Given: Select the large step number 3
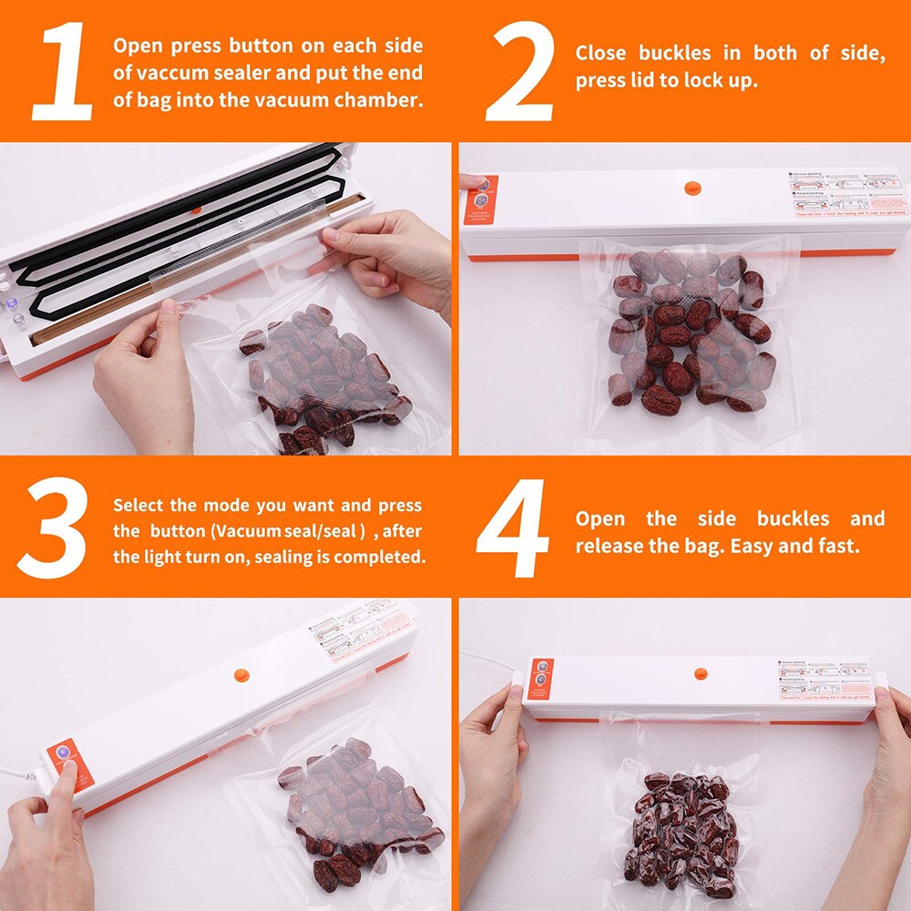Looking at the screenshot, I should pos(53,529).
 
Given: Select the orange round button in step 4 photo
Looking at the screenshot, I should pos(701,674).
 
